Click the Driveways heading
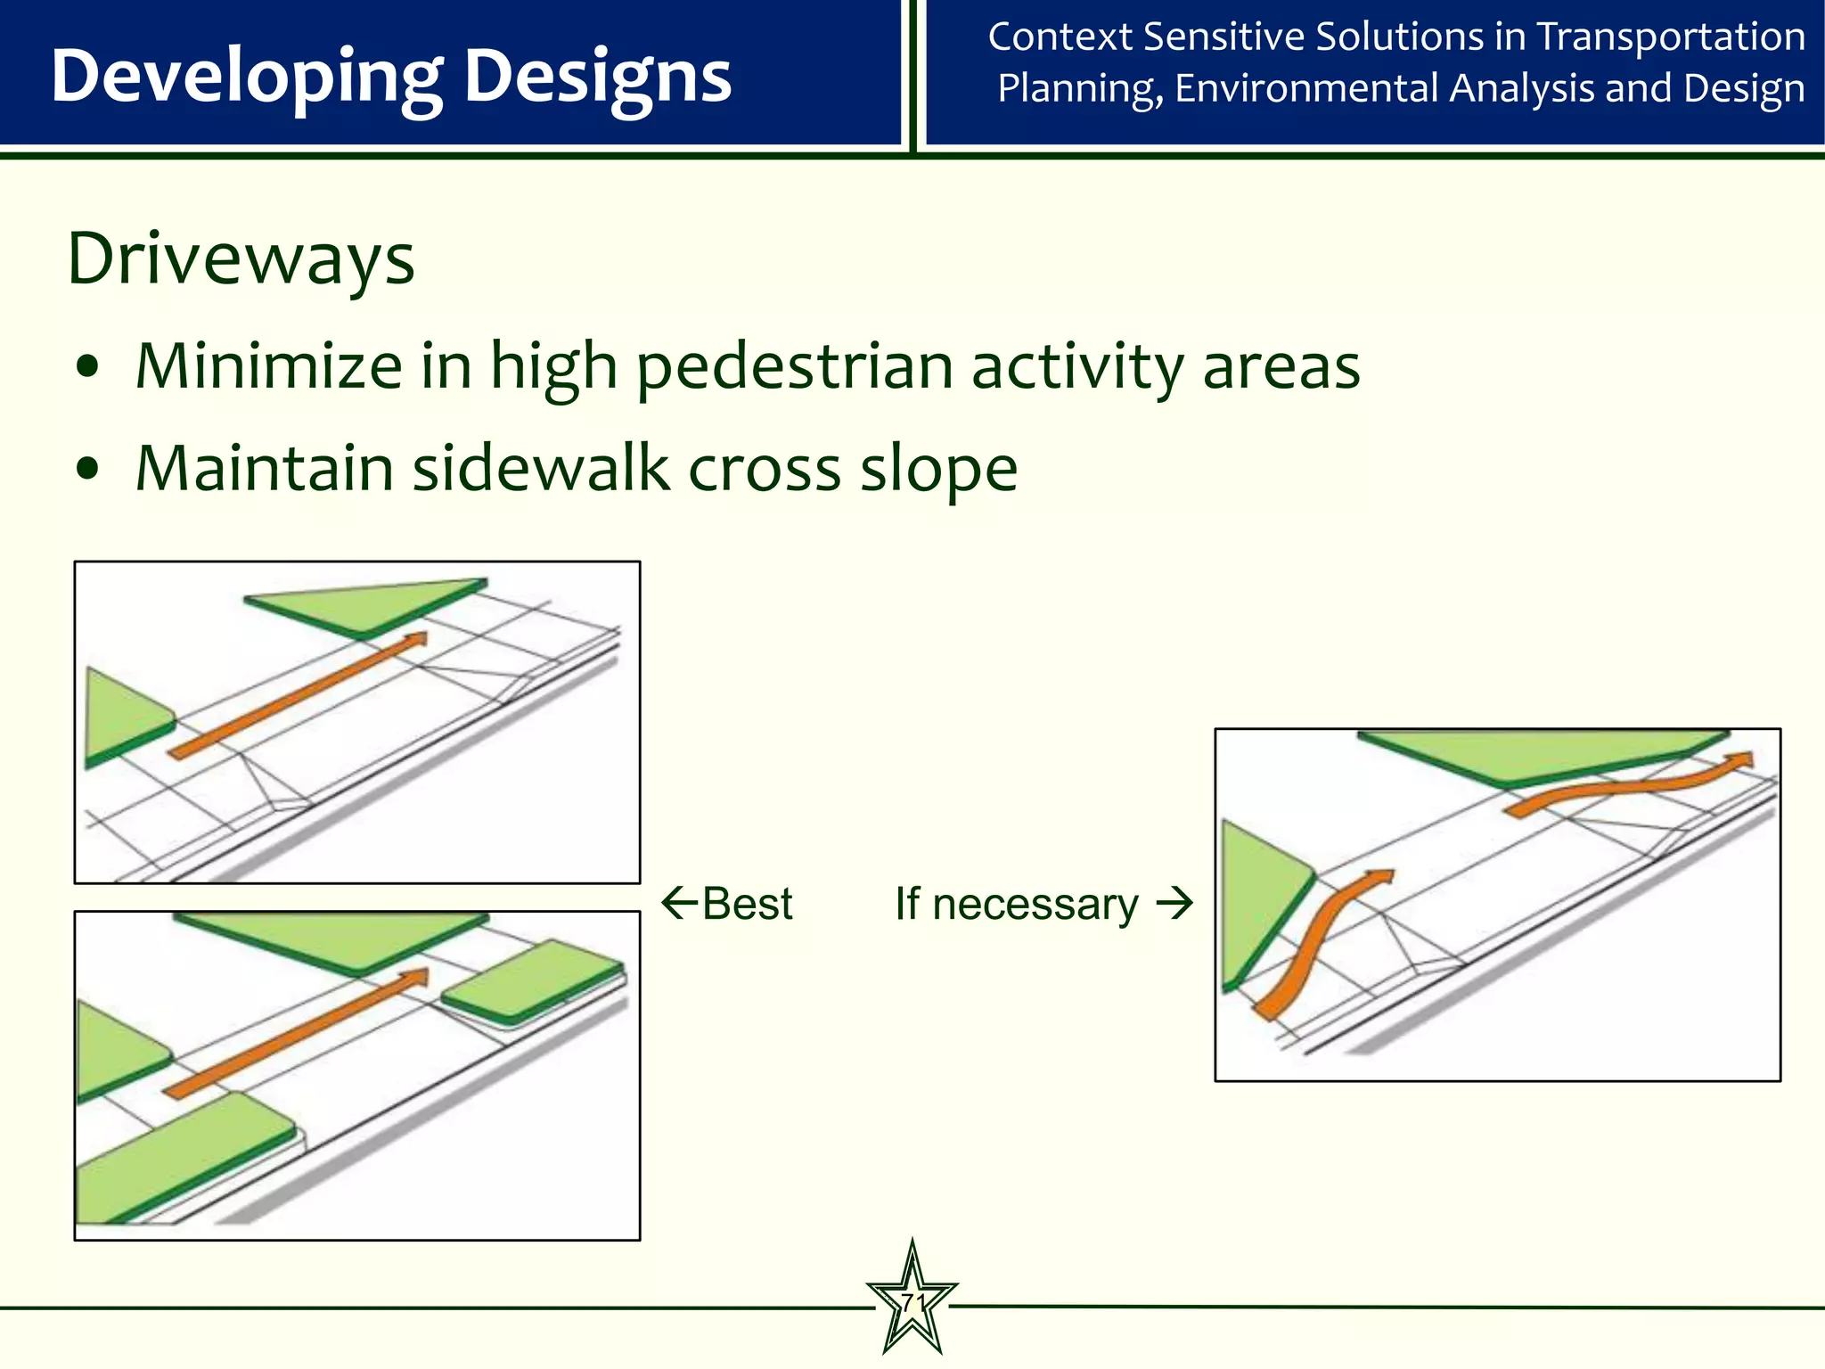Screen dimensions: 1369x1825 coord(241,259)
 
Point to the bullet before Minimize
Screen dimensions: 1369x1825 coord(87,367)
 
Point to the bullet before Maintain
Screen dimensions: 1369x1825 coord(87,470)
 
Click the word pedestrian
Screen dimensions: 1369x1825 coord(793,367)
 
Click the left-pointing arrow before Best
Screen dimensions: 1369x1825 coord(679,903)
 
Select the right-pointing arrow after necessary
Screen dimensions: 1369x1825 coord(1174,903)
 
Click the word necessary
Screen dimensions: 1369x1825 coord(1035,904)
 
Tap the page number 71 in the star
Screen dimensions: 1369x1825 coord(912,1302)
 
